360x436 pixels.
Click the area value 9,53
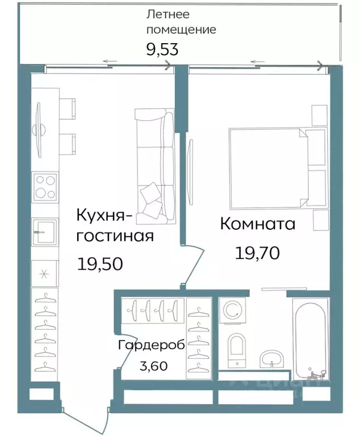pos(162,49)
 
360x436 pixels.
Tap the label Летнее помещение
pos(181,22)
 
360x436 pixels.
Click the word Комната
pos(257,224)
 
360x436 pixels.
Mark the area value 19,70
pos(257,253)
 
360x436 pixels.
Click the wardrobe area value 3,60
pos(153,366)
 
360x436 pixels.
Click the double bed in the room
pos(270,169)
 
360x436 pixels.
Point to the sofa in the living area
pos(154,163)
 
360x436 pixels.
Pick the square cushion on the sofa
pos(152,194)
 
